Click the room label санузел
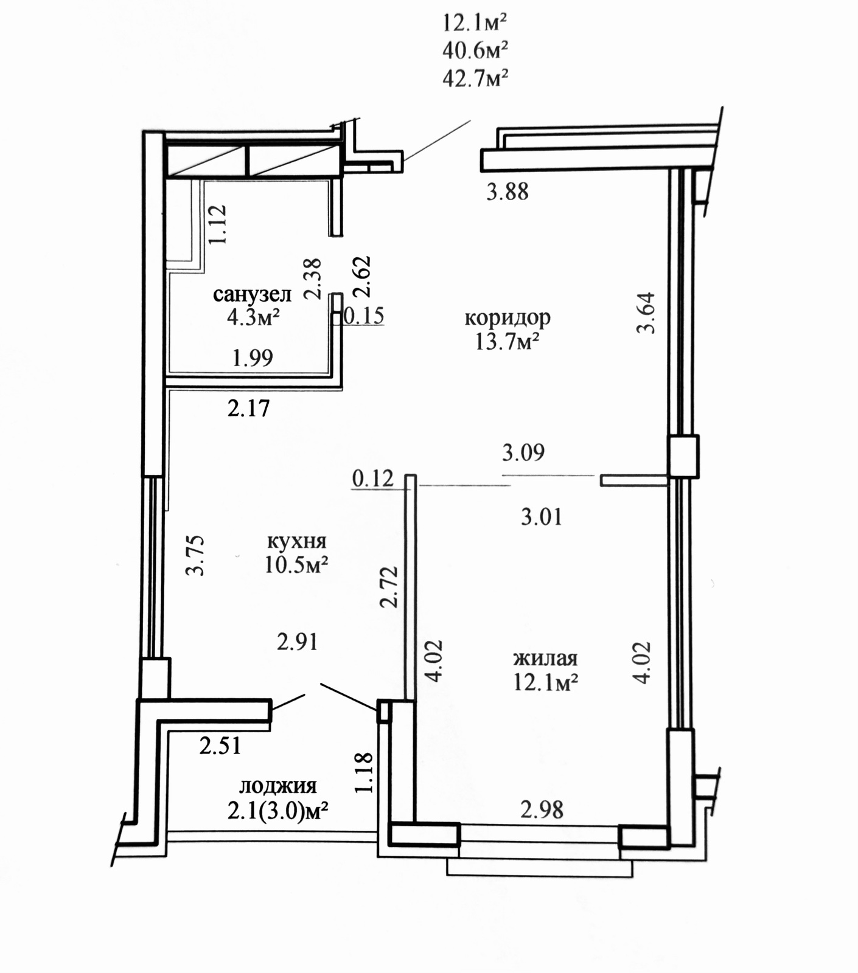tap(252, 295)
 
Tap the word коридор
tap(507, 318)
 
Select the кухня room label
tap(297, 541)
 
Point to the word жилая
tap(545, 658)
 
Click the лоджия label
tap(278, 786)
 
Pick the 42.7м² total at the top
tap(475, 78)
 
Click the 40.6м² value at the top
tap(475, 50)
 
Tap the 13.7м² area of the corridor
tap(507, 342)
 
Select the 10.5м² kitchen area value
tap(296, 565)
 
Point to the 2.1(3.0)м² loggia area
tap(278, 811)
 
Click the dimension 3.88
tap(507, 192)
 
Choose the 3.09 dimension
tap(523, 452)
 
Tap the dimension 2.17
tap(248, 408)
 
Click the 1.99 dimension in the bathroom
tap(253, 358)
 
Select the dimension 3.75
tap(195, 555)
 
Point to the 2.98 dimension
tap(542, 810)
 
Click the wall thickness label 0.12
tap(373, 479)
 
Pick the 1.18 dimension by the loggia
tap(363, 773)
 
